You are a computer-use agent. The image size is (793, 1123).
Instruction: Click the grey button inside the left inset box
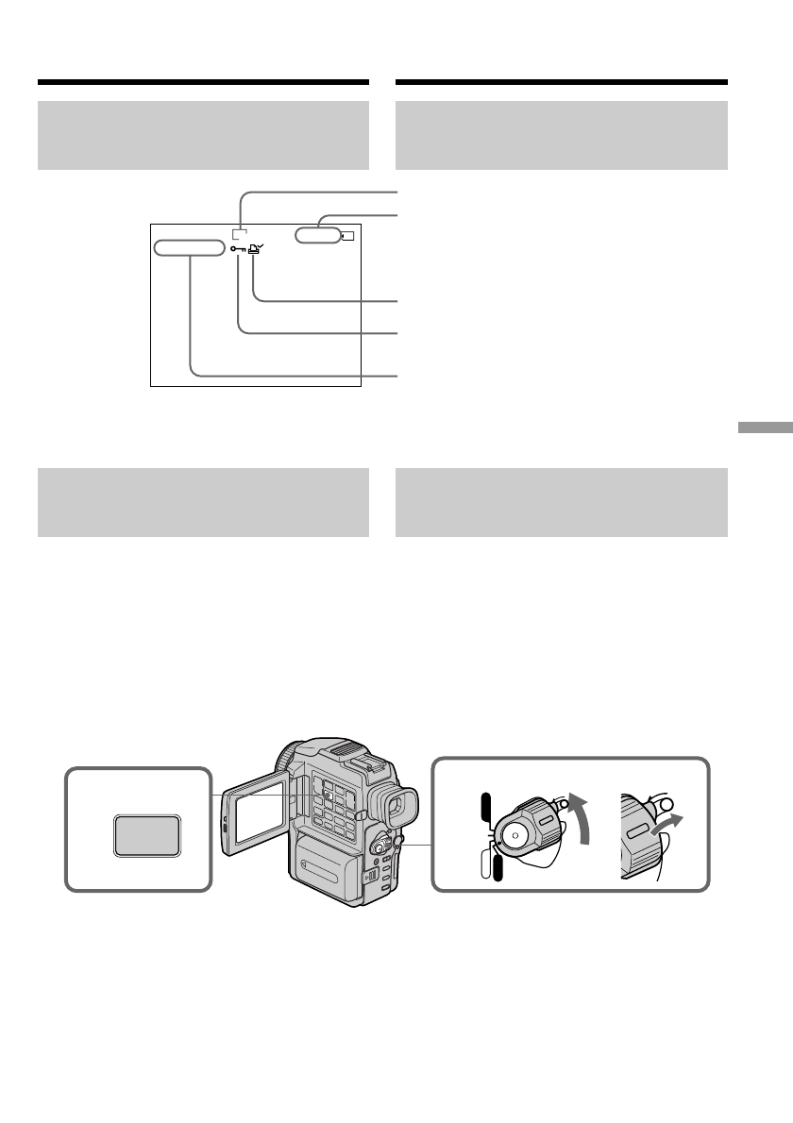click(146, 836)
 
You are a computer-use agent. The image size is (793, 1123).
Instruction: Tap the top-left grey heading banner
click(203, 136)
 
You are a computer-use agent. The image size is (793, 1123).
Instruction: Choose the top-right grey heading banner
click(561, 136)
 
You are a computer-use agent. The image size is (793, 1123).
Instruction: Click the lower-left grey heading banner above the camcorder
click(203, 503)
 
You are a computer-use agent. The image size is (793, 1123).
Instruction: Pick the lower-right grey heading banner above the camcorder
click(561, 503)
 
